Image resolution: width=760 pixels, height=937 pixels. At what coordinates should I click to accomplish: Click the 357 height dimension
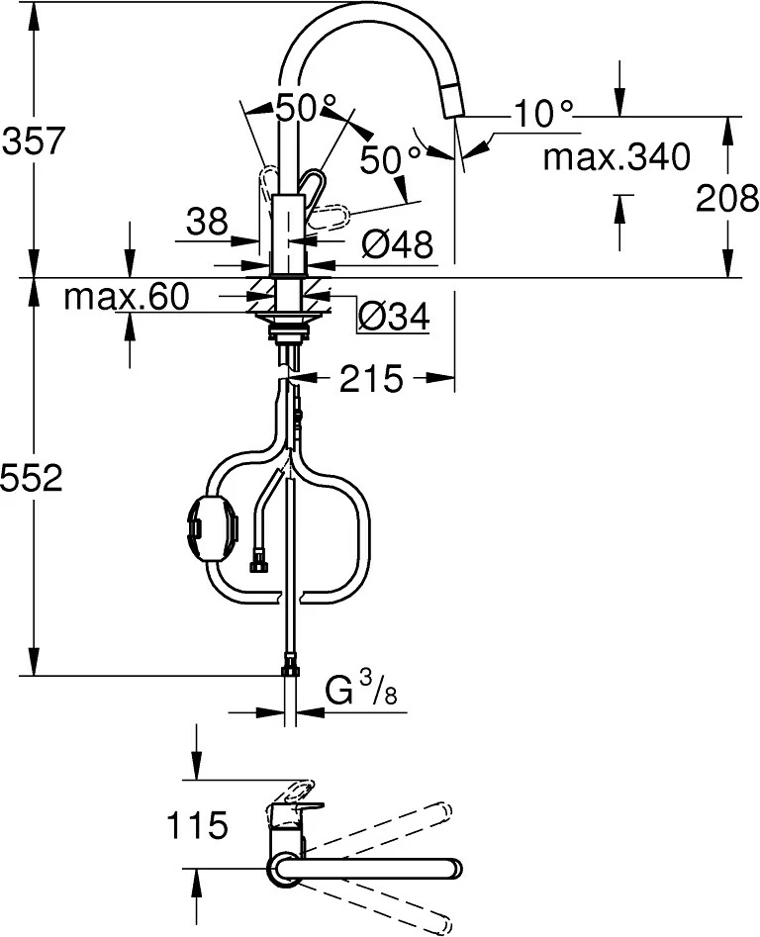click(x=34, y=141)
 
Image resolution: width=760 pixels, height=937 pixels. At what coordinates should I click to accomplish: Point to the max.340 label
click(x=617, y=156)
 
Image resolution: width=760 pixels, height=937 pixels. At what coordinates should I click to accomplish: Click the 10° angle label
click(x=543, y=115)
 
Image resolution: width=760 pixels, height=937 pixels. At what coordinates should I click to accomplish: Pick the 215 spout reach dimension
click(x=371, y=378)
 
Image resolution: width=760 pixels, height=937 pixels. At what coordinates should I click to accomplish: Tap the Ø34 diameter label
click(x=392, y=317)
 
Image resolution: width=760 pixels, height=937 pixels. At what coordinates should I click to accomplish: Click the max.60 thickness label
click(x=126, y=297)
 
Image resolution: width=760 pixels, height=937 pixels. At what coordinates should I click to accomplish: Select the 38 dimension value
click(x=206, y=222)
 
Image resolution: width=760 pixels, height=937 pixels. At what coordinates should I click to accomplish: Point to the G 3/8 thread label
click(x=362, y=692)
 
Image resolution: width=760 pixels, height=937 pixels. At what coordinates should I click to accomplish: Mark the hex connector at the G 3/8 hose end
click(x=290, y=670)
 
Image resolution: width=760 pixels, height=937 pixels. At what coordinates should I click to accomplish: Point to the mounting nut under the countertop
click(x=287, y=323)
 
